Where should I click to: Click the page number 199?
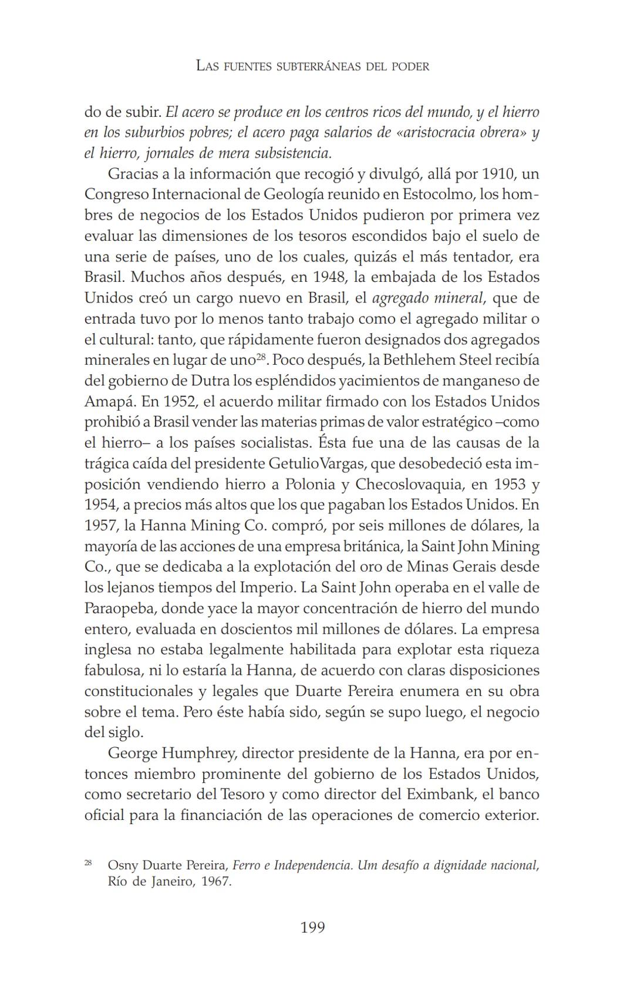pos(312,927)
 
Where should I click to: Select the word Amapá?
pos(106,401)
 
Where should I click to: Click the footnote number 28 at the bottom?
pos(88,863)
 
